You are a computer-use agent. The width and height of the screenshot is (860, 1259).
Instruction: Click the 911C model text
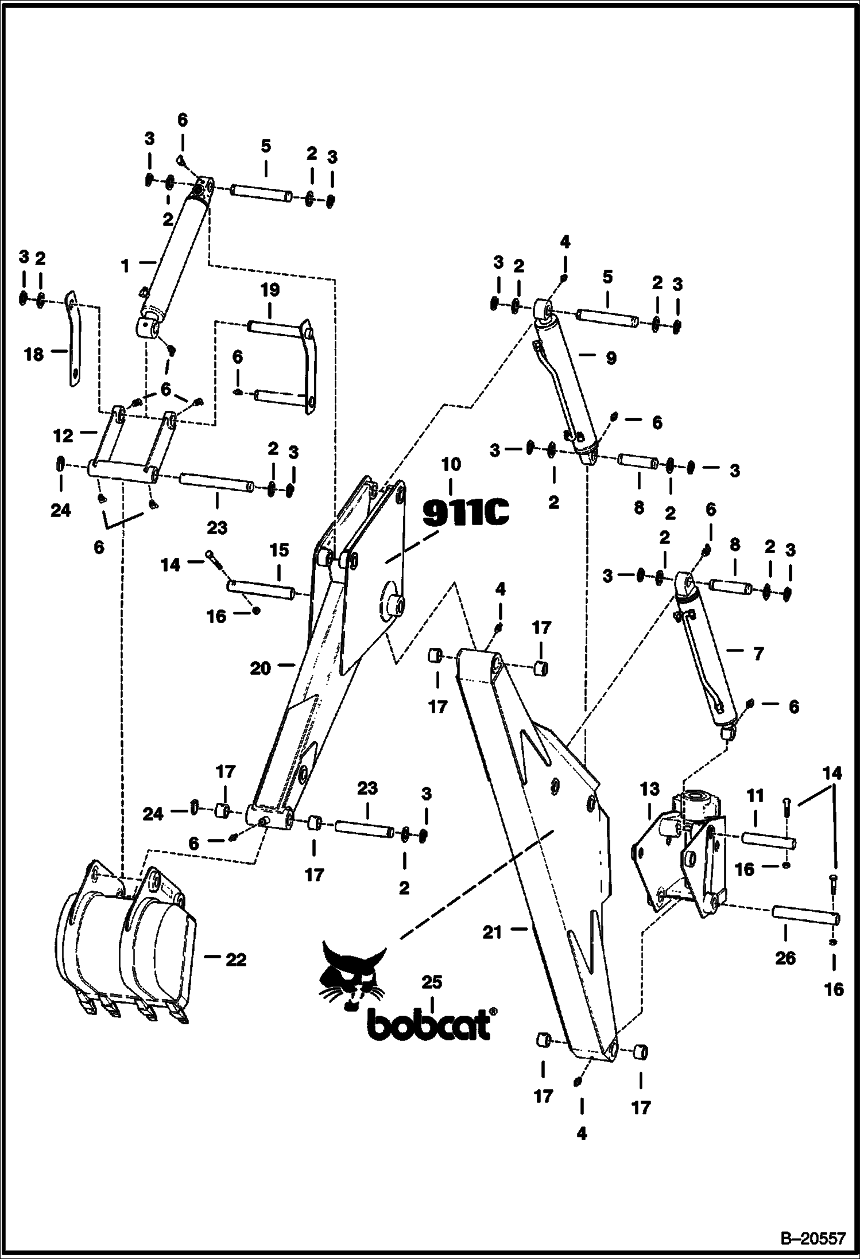coord(466,512)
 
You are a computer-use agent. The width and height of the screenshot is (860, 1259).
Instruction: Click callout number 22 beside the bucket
coord(235,959)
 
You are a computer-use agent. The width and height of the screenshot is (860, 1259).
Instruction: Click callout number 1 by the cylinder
coord(125,266)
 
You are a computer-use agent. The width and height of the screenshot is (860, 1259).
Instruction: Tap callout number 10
coord(451,464)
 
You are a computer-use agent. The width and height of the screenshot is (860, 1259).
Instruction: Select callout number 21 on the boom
coord(492,932)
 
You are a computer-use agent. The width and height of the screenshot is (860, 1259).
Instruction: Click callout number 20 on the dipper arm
coord(260,668)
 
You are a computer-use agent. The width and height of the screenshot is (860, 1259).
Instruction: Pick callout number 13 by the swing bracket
coord(650,790)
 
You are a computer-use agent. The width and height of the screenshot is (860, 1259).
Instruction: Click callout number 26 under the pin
coord(785,958)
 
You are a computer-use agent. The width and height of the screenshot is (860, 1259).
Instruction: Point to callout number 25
coord(432,982)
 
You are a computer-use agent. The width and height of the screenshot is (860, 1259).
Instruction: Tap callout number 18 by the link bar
coord(34,355)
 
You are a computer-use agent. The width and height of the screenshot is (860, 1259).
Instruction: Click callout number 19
coord(270,290)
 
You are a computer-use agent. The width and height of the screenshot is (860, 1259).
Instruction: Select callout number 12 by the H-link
coord(63,436)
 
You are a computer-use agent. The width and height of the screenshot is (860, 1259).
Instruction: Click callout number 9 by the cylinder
coord(611,358)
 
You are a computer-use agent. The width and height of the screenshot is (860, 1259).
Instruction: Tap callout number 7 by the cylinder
coord(758,653)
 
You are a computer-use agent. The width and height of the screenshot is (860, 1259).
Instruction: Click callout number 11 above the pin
coord(756,795)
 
